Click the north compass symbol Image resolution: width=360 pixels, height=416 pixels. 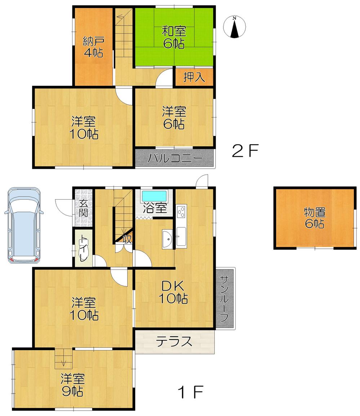(x=235, y=27)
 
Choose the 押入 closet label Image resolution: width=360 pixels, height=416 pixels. (x=194, y=78)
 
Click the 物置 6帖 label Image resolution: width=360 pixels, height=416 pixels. (x=314, y=217)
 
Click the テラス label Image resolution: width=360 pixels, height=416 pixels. (x=174, y=341)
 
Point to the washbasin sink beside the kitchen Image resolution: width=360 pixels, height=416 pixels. (x=168, y=239)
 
